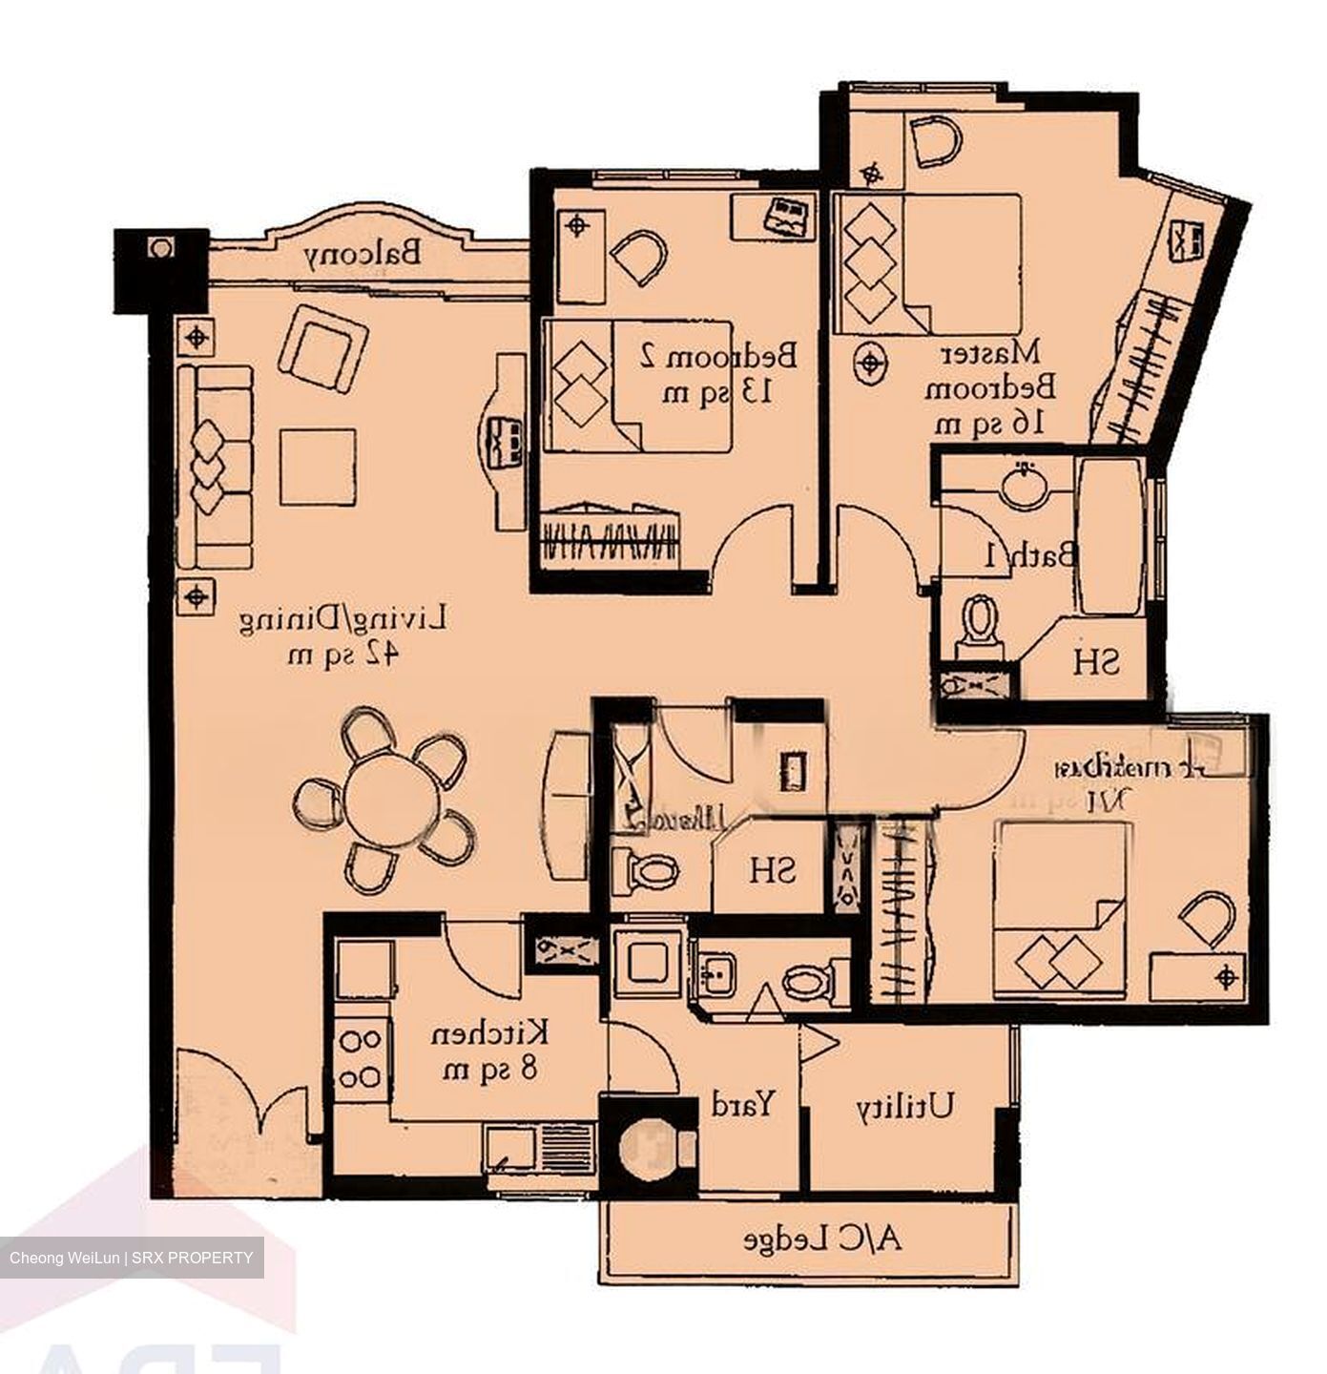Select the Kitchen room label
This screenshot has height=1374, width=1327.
(490, 1050)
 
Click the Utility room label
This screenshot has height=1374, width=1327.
(904, 1106)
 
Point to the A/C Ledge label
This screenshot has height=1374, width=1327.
(821, 1240)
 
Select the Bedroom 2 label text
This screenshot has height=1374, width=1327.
(717, 372)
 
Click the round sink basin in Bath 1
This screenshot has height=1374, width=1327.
(1024, 485)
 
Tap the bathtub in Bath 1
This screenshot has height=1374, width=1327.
(1110, 536)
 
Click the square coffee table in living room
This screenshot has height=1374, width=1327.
(317, 467)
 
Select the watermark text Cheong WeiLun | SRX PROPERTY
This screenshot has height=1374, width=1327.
(132, 1258)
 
